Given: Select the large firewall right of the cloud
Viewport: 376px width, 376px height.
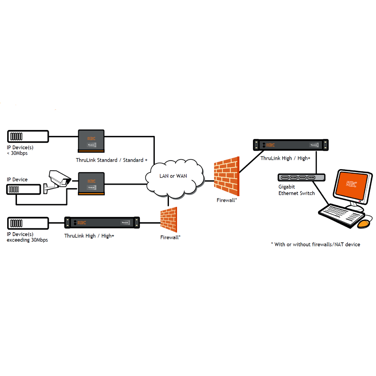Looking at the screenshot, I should coord(227,176).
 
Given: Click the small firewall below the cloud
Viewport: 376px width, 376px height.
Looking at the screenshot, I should coord(169,219).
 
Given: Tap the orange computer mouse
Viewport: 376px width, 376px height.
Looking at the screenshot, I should coord(363,224).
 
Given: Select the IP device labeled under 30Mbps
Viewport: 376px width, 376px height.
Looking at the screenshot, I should coord(28,137).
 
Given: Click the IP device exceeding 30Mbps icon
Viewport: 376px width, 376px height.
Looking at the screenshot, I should coord(28,223).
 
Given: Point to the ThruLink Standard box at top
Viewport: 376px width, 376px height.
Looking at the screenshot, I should coord(91,141).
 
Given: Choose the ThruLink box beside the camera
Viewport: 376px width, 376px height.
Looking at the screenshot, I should coord(91,184).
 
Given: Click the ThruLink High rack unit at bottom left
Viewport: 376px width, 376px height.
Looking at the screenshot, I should coord(102,222).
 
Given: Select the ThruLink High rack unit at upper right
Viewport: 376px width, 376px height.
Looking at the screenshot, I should coord(290,145).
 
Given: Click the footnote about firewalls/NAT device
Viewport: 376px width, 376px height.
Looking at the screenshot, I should coord(316,244).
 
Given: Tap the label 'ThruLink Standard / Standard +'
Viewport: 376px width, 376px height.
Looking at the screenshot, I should coord(112,160).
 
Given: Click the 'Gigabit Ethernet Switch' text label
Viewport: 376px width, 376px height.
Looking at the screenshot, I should coord(296,190).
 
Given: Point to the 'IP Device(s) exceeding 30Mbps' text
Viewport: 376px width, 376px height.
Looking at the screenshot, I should coord(27,237).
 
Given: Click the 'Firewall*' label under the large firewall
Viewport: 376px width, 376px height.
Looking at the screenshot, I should coord(227,200).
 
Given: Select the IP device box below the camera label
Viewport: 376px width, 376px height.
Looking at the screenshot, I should coord(23,189).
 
